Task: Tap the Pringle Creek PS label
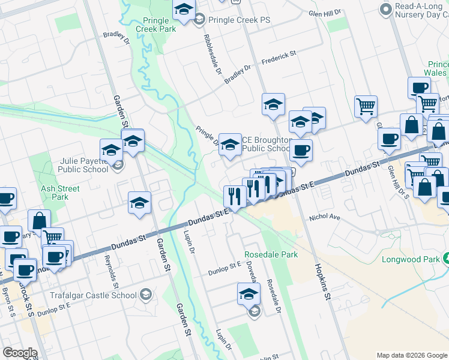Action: coord(240,20)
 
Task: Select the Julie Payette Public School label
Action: coord(84,165)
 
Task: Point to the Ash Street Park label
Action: coord(52,192)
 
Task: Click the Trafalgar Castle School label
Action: coord(99,295)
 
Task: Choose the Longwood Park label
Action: coord(411,260)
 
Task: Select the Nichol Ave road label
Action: coord(325,218)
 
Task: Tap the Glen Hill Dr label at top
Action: coord(325,12)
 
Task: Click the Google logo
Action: coord(20,353)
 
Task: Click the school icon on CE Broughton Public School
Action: coord(230,144)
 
